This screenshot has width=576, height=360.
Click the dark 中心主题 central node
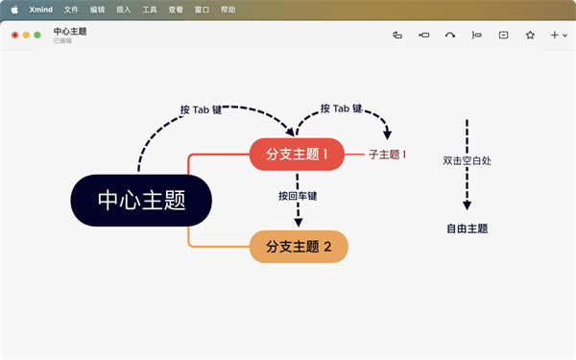coord(140,200)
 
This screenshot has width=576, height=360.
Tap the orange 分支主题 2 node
coord(298,247)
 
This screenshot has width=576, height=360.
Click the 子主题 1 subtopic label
coord(387,154)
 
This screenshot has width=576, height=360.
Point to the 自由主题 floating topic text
coord(467,228)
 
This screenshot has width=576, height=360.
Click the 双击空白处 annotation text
coord(467,161)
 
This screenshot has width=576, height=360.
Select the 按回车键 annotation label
coord(298,197)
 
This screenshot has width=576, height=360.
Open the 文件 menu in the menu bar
coord(71,9)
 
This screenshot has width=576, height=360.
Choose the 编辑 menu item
coord(97,9)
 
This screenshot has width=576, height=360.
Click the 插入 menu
coord(123,9)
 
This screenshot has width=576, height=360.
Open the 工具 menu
coord(149,9)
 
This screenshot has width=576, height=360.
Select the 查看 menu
coord(175,9)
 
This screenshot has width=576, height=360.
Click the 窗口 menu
coord(201,9)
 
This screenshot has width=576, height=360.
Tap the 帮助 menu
coord(228,9)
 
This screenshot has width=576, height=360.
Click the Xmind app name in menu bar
coord(41,9)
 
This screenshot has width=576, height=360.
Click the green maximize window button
coord(37,36)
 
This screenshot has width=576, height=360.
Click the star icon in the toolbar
coord(530,36)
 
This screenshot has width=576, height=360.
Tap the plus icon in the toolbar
coord(554,36)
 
